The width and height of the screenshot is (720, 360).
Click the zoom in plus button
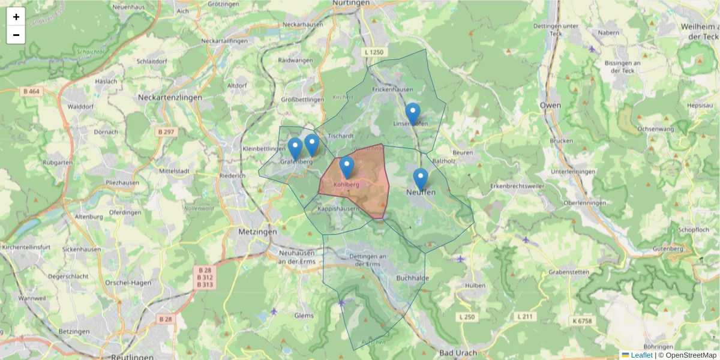coord(16,17)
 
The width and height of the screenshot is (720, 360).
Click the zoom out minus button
coord(16,35)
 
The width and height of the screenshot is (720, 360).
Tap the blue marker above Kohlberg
coord(347,167)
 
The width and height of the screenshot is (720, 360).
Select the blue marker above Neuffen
coord(421,179)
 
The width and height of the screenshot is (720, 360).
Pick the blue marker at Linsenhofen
coord(412,113)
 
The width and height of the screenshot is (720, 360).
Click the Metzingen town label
coord(258,232)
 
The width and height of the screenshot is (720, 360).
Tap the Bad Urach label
coord(458,352)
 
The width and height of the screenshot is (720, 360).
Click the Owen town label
coord(550,106)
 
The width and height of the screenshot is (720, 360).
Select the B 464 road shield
coord(31,91)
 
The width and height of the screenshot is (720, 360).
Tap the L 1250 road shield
coord(373,53)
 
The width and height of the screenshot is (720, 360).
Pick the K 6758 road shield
coord(581,321)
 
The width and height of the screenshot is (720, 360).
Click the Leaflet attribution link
coord(641,355)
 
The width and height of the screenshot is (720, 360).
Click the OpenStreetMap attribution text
coord(691,355)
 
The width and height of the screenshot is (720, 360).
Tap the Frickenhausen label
coord(393,89)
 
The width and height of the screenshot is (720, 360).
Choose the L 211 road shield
coord(525,316)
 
